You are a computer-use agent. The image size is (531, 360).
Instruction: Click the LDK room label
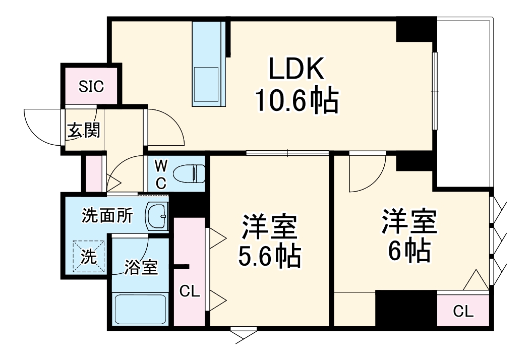[296, 71]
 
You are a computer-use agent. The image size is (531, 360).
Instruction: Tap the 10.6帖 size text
[296, 101]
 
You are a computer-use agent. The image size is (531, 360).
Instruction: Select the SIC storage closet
[91, 86]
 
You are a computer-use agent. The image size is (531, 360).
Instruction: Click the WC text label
[160, 174]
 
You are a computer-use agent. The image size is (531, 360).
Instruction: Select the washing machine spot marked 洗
[89, 256]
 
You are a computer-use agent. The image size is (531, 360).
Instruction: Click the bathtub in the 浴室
[140, 309]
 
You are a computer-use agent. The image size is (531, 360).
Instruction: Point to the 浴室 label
[142, 267]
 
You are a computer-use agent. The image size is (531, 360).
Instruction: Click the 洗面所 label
[107, 216]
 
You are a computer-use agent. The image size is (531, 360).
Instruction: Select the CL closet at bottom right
[463, 311]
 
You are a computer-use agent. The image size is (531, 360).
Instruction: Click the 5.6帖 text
[269, 256]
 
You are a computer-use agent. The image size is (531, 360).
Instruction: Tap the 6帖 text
[408, 249]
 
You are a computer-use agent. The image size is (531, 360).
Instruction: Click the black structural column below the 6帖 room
[406, 309]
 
